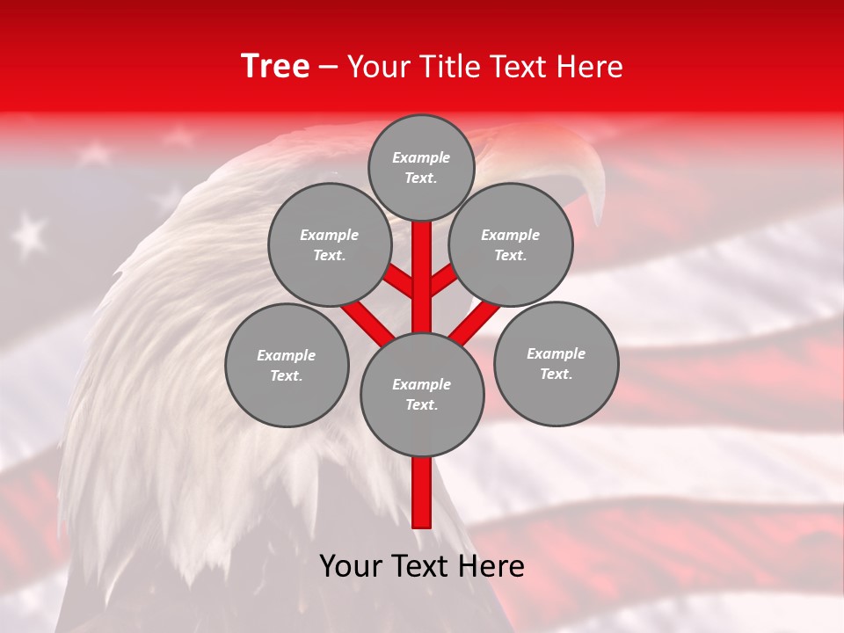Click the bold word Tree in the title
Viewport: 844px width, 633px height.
(x=275, y=66)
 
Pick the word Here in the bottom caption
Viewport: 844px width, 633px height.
(x=491, y=566)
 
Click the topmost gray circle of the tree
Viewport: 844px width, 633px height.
(x=421, y=167)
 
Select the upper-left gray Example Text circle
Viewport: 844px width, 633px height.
(x=330, y=244)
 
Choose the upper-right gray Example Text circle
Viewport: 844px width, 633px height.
(x=511, y=244)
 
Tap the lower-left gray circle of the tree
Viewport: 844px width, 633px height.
(x=287, y=365)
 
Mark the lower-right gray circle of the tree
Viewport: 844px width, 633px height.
(x=556, y=363)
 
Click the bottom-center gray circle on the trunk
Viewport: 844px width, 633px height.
(x=422, y=395)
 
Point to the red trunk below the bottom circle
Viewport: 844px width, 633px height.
(x=422, y=492)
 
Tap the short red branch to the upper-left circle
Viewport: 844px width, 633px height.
(x=400, y=280)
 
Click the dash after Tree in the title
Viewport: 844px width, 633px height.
(x=329, y=68)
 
